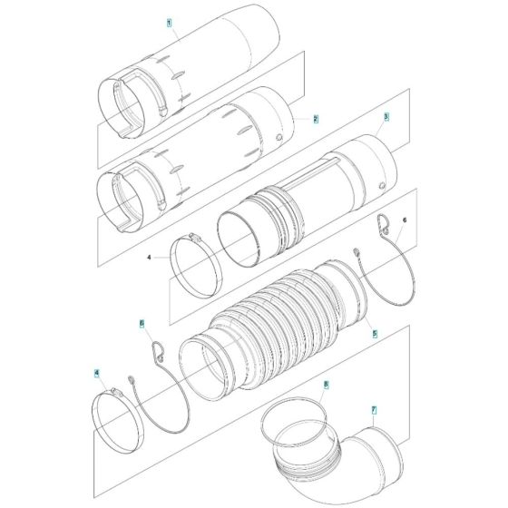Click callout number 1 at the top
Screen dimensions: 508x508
168,20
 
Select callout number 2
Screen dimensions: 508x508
315,119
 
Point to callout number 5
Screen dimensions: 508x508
373,334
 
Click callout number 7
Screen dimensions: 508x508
373,410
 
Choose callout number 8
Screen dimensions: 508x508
326,386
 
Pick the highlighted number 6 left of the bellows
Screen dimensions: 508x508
142,322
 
